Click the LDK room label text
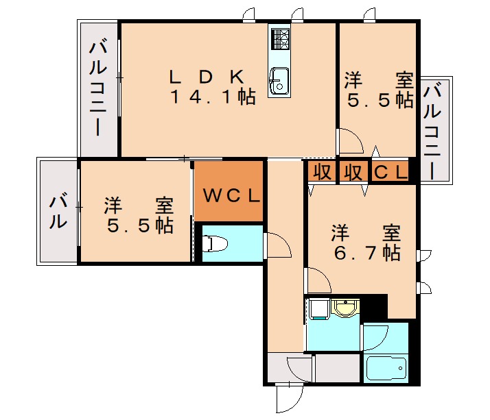coord(205,75)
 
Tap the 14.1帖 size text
coord(213,97)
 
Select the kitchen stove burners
coord(280,39)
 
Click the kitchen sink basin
coord(279,80)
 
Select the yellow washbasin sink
coord(343,309)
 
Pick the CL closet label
coord(390,172)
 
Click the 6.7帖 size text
coord(366,253)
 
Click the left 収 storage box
coord(320,172)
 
